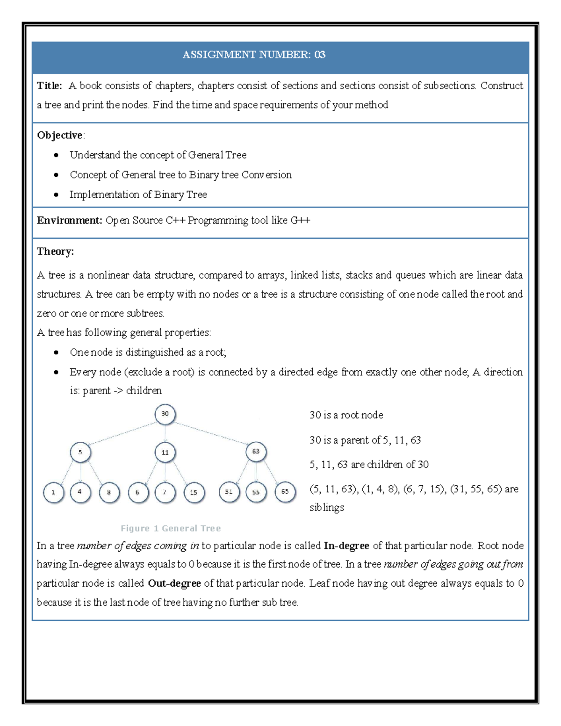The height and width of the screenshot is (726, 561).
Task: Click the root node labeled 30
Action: click(x=165, y=414)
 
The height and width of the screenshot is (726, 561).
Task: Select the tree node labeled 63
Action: click(x=256, y=452)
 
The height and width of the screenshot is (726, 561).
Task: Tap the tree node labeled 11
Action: click(x=165, y=453)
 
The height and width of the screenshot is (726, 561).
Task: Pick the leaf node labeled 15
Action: click(x=194, y=492)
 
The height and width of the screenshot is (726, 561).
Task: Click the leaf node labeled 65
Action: click(x=285, y=492)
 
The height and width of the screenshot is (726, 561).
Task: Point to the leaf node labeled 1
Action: click(x=53, y=493)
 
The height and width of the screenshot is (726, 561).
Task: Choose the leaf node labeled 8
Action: click(x=109, y=493)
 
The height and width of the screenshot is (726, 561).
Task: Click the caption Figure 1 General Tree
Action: click(x=171, y=528)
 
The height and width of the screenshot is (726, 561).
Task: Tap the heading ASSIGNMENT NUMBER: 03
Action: click(x=254, y=55)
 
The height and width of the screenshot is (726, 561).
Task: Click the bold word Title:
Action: click(x=49, y=86)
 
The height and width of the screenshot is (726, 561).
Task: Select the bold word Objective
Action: click(x=59, y=135)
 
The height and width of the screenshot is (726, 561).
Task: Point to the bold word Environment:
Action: click(x=69, y=220)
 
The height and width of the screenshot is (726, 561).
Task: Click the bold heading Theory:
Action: click(x=55, y=252)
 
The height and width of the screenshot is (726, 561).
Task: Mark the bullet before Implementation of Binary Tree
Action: click(x=56, y=194)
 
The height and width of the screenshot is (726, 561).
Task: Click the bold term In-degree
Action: click(x=346, y=546)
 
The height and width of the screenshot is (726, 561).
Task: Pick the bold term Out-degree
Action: click(x=174, y=583)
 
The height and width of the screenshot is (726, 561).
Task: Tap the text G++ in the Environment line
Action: click(x=300, y=220)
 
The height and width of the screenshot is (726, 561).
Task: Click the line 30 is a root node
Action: click(x=346, y=415)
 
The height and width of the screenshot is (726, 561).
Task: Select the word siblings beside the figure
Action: click(x=326, y=508)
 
